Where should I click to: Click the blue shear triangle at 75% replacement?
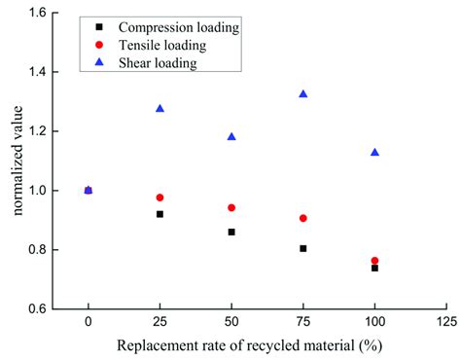[x=303, y=93]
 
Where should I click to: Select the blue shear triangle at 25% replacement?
[x=160, y=108]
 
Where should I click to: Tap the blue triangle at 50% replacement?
[x=231, y=136]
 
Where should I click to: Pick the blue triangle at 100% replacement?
[x=374, y=152]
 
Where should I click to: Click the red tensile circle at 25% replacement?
[x=160, y=198]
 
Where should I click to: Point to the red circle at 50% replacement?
[x=231, y=207]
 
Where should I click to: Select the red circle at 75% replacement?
[x=303, y=218]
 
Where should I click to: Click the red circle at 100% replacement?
[x=374, y=261]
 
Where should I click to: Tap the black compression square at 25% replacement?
[x=160, y=214]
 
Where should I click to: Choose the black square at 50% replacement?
[x=231, y=232]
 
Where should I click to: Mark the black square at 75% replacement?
[x=303, y=248]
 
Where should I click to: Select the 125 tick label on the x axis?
[x=446, y=322]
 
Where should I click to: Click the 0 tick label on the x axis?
[x=89, y=322]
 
